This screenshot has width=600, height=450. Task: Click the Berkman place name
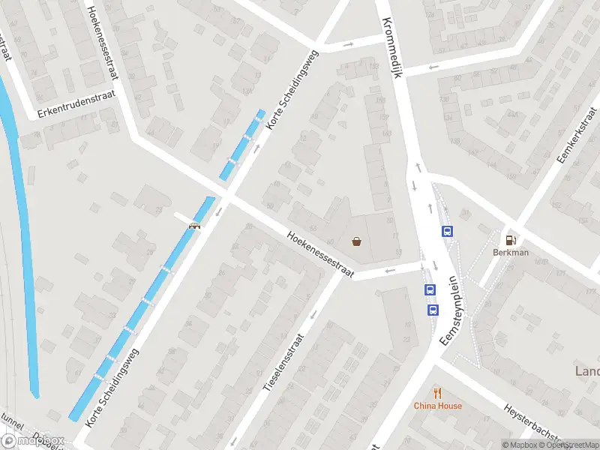[x=511, y=253]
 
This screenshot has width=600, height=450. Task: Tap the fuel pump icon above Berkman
[x=511, y=240]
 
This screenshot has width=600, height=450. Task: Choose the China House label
[x=438, y=406]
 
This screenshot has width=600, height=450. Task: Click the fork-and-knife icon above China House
[x=438, y=393]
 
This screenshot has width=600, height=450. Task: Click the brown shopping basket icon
[x=357, y=241]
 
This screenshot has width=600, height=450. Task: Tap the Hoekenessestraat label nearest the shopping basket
[x=320, y=255]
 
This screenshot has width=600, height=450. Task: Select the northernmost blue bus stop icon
[x=448, y=231]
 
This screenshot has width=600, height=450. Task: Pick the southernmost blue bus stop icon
[x=433, y=309]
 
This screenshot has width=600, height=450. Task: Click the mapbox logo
[x=32, y=440]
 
